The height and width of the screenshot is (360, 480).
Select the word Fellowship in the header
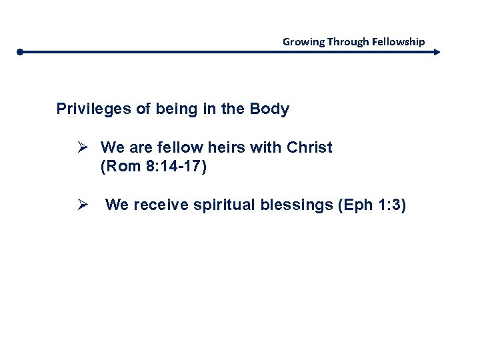[x=399, y=41]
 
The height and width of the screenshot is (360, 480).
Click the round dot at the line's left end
[x=21, y=51]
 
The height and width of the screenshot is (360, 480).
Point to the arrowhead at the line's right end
[x=437, y=51]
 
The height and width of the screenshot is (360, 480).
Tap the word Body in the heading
[x=269, y=109]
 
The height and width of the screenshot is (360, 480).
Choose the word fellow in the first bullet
[x=176, y=147]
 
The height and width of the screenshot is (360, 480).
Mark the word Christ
[x=309, y=147]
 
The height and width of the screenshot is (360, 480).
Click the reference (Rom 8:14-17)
[x=154, y=167]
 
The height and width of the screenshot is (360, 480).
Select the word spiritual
[x=224, y=205]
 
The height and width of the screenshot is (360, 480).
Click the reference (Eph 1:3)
[x=371, y=205]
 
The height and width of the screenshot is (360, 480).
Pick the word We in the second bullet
[x=117, y=205]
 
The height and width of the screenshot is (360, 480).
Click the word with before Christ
[x=267, y=147]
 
